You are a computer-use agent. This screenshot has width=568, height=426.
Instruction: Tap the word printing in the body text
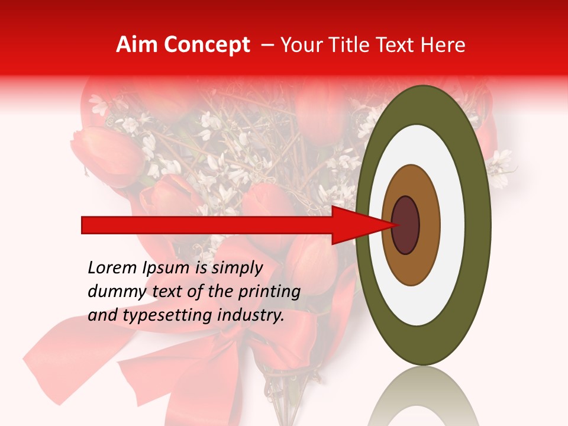coord(269,292)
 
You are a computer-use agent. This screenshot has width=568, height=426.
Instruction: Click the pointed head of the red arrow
coord(367,225)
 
